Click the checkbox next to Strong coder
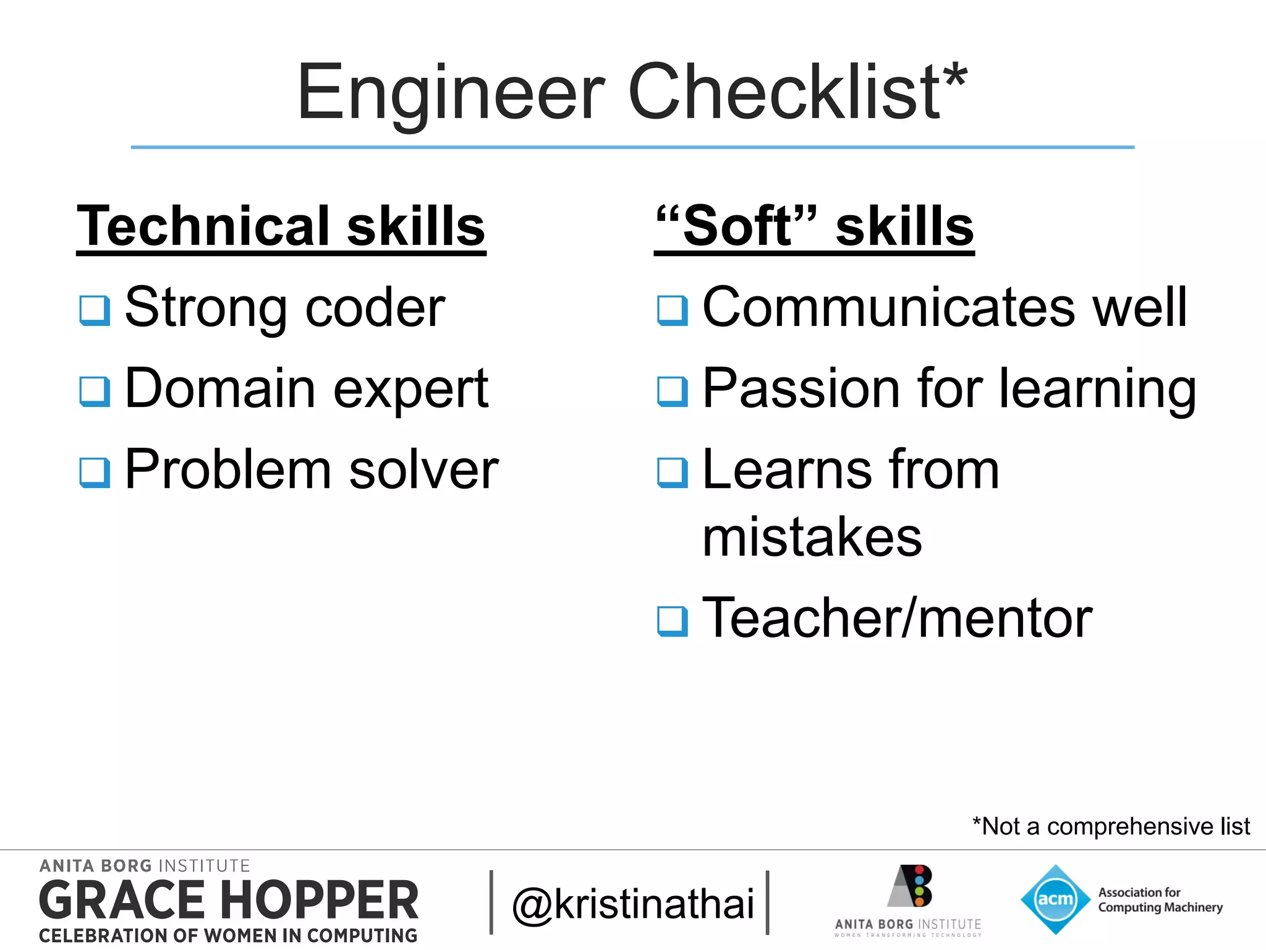95,310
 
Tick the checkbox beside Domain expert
95,391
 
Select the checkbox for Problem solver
95,473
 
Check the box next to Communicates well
673,310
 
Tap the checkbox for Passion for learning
673,391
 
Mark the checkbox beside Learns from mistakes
673,473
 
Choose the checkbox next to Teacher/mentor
673,620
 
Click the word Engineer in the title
451,93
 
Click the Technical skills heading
281,226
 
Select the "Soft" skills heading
814,226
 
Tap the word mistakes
812,537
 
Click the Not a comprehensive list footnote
1111,826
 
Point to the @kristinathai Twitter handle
633,904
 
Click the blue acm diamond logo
1055,899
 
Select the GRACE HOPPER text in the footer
229,901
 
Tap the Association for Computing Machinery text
1160,900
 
